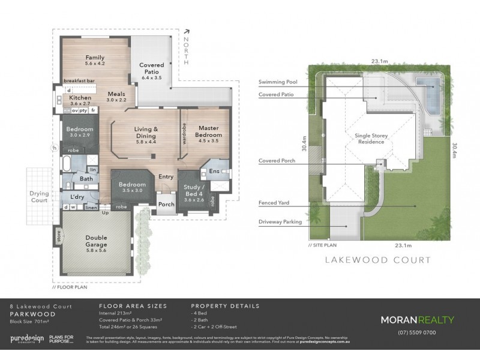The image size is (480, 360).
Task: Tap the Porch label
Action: (166, 205)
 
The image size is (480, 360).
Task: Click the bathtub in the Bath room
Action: (67, 163)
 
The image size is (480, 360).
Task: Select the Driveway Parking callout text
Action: (280, 221)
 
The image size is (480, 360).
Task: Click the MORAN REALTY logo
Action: (417, 320)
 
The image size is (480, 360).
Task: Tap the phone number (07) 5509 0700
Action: (418, 333)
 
